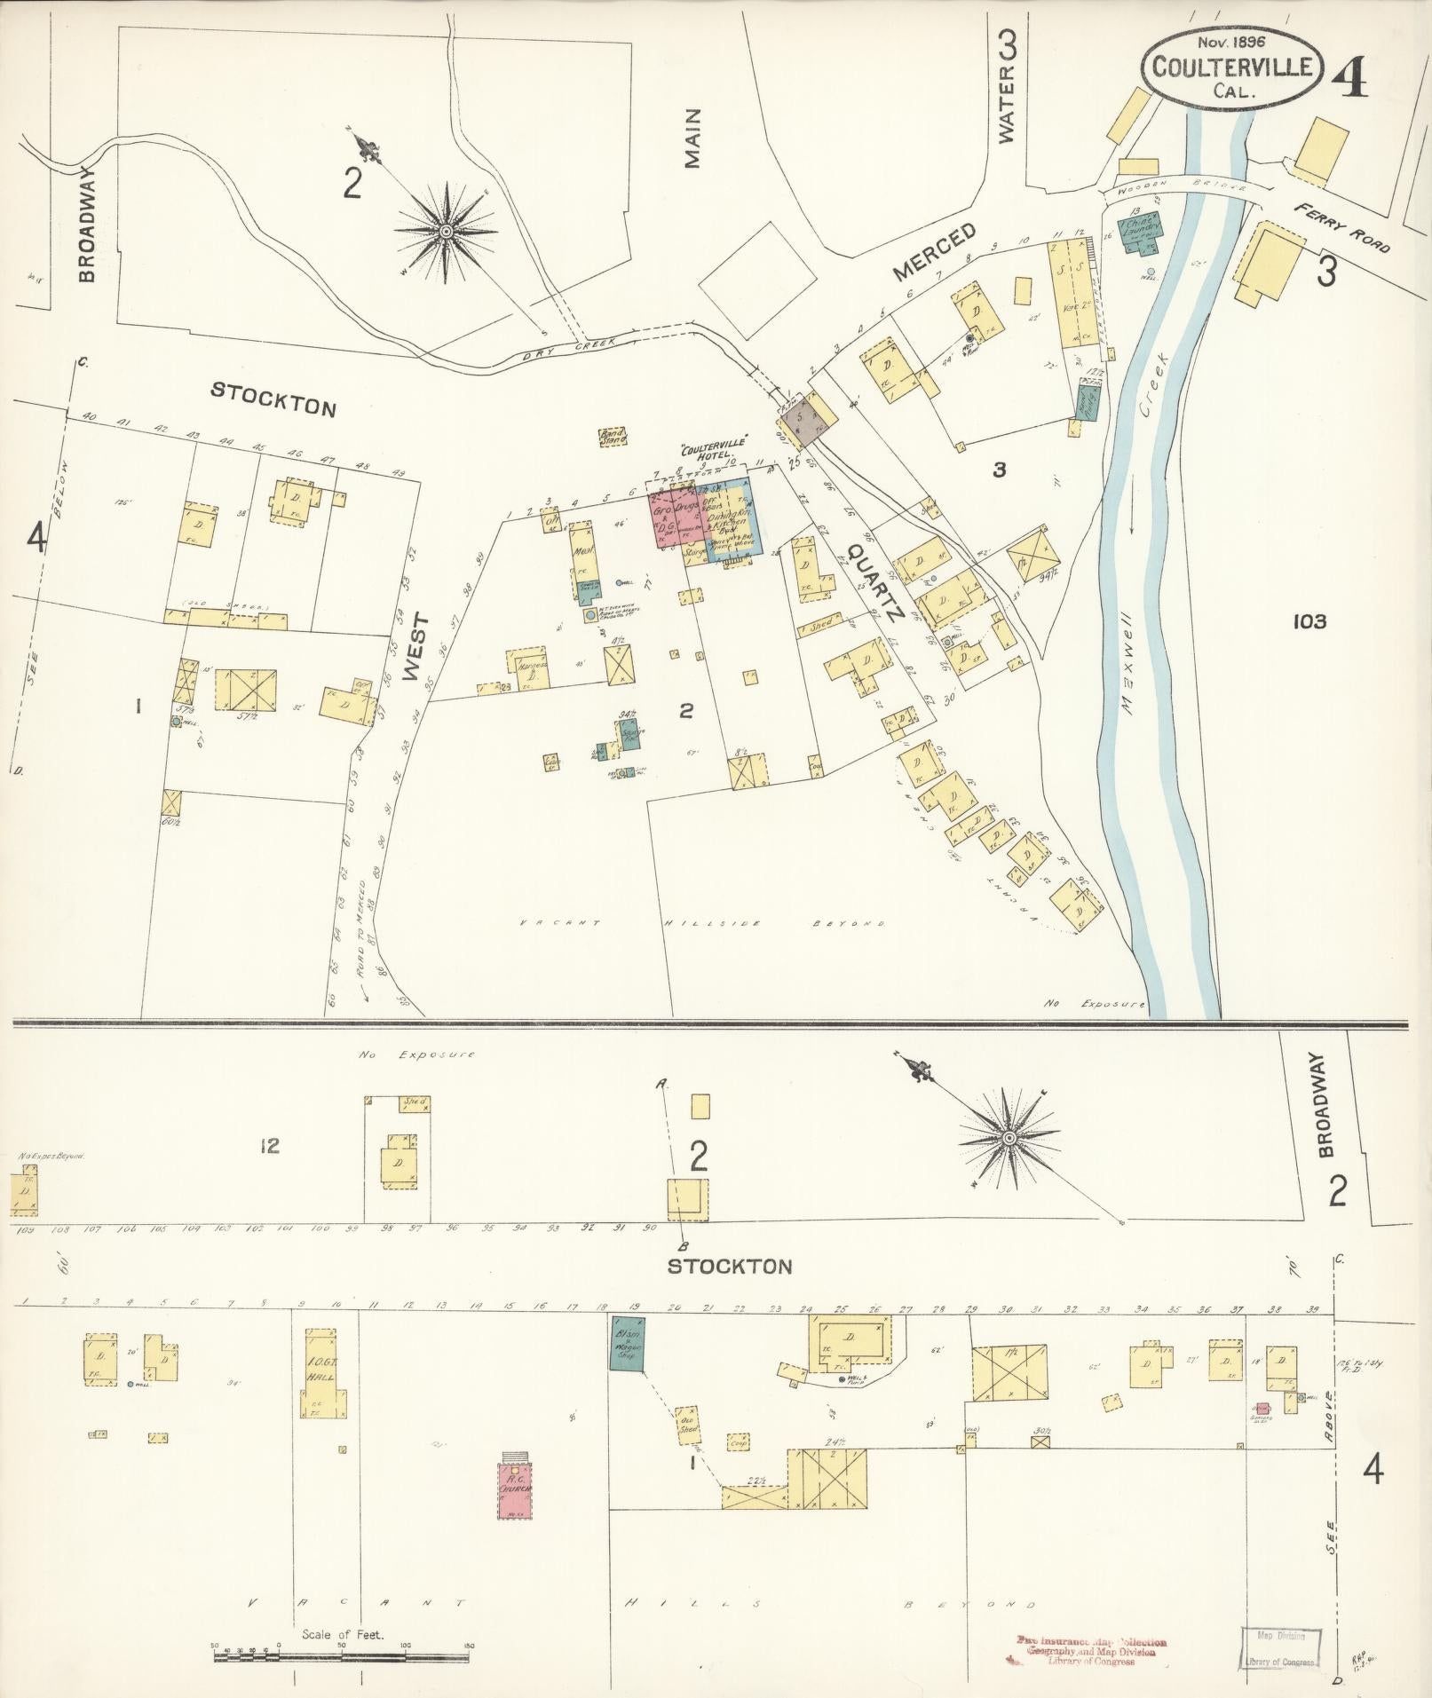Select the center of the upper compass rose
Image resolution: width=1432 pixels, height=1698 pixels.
(446, 233)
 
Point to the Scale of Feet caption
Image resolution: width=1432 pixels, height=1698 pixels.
(342, 1634)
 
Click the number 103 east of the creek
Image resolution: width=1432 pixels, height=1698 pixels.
(1309, 621)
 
